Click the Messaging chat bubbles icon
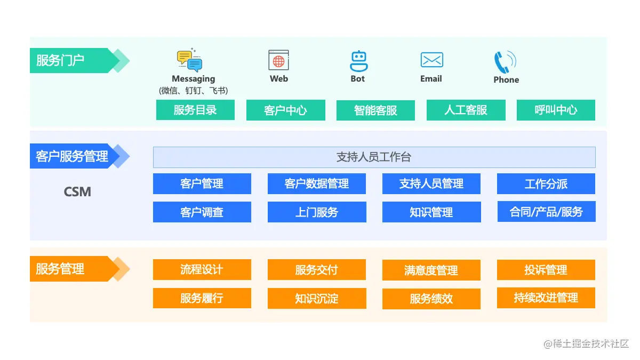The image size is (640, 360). coord(190,61)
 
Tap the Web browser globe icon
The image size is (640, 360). coord(278,60)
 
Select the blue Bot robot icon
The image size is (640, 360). coord(358,61)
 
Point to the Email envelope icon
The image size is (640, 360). coord(431,60)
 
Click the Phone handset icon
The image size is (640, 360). coord(503,62)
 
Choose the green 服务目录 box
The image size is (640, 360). coord(195,110)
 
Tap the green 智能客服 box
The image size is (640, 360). coord(375,110)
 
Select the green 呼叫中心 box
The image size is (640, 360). coord(556,110)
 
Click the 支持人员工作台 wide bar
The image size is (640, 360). coord(374,157)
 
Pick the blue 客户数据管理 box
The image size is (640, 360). coord(317,184)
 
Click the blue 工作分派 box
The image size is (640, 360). coord(546,184)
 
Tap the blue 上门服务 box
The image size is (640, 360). coord(317,212)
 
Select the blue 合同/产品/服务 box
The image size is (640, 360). coord(546,212)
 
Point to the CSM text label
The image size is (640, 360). coord(77,191)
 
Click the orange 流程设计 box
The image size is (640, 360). coord(202,270)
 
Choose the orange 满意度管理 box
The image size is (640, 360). coord(431,270)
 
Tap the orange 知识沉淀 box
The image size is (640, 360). coord(317,299)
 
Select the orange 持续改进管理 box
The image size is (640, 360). coord(546,298)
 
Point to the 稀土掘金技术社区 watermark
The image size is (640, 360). coord(587,344)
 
